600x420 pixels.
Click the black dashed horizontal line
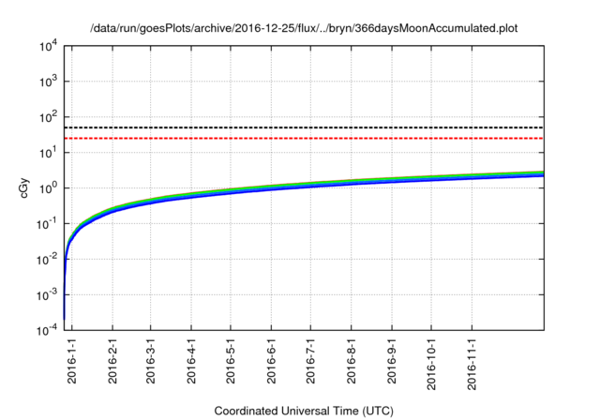[309, 127]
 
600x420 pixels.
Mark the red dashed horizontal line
[309, 139]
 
